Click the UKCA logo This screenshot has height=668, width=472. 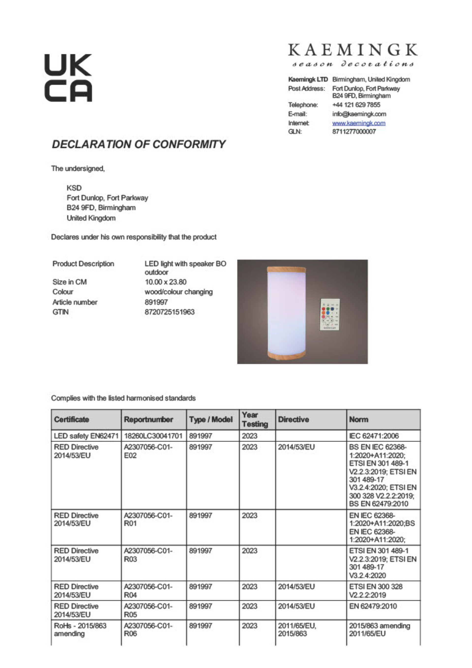tap(68, 78)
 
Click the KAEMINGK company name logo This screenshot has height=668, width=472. tap(353, 50)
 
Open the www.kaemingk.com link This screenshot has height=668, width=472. tap(359, 123)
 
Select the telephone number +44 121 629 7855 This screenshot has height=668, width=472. tap(356, 105)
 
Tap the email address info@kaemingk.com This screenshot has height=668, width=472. tap(359, 114)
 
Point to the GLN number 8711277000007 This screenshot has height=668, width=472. tap(354, 132)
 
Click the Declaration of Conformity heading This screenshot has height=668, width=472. tap(138, 144)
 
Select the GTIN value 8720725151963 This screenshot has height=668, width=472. tap(170, 312)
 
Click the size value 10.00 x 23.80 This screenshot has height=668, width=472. tap(165, 282)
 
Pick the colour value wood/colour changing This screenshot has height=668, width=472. tap(178, 292)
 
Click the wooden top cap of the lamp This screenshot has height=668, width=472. tap(286, 269)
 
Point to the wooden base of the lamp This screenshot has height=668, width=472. tap(286, 354)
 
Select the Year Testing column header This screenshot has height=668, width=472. tap(255, 420)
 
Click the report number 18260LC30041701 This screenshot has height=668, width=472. tap(153, 436)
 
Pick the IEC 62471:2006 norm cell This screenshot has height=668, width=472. tap(374, 436)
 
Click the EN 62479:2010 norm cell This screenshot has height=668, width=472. tap(373, 606)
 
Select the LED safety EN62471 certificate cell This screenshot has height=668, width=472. tap(86, 436)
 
